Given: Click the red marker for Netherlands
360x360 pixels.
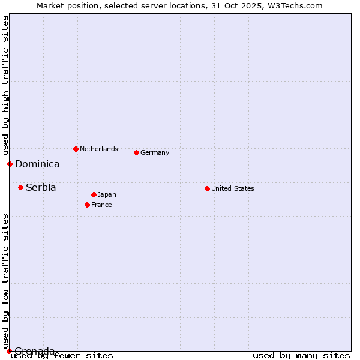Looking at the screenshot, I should coord(76,149).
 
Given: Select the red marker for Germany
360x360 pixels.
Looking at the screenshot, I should coord(136,152).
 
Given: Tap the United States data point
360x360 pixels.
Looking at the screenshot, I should coord(207,188).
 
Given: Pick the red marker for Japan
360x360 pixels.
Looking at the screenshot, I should coord(94,194).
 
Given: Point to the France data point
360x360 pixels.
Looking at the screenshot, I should coord(87,205).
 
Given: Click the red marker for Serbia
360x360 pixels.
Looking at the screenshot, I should coord(20,187).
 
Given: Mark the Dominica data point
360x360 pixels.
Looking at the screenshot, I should coord(10,164).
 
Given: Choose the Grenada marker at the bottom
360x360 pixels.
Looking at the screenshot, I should coord(9,351).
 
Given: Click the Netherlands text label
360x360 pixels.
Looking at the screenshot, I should coord(98,149).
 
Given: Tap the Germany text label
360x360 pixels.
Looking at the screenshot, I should coord(155,152).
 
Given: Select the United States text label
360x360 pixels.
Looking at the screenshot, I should coord(232,188).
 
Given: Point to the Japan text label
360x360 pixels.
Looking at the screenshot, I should coord(107,194).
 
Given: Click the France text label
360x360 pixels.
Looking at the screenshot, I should coord(101,205).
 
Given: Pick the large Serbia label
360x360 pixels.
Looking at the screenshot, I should coord(41,187).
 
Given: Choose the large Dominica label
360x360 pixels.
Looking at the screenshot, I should coord(37,164).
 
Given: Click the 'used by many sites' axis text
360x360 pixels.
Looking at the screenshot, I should coord(301,355).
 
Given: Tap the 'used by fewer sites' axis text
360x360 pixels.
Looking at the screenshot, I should coord(62,355).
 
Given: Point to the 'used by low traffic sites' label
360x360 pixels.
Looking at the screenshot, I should coord(5,281).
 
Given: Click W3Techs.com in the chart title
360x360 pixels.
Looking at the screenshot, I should coord(296,5).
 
